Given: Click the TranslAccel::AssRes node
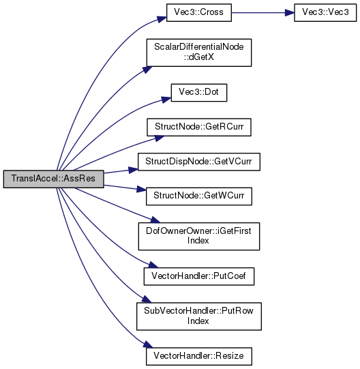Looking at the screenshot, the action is coord(53,179).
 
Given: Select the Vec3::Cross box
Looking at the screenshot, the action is coord(199,13).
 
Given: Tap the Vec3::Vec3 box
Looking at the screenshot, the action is coord(325,13).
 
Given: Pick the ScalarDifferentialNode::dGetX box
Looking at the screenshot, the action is coord(199,53).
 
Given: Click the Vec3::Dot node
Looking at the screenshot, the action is coord(199,93).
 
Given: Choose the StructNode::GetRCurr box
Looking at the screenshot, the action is coord(199,127).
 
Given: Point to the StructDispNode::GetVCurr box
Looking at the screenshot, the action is coord(199,162).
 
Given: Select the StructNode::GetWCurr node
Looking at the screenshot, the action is coord(199,196).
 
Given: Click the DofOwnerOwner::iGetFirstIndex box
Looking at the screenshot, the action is coord(199,236).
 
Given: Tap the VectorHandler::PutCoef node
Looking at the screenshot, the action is coord(199,276).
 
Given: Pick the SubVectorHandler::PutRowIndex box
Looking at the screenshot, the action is coord(199,316).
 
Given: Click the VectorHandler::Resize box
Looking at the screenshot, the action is coord(199,356).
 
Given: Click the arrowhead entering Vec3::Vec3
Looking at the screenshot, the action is coord(289,13).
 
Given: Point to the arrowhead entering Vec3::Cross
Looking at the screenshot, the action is coord(162,19).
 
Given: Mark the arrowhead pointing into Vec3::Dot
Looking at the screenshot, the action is coord(166,100).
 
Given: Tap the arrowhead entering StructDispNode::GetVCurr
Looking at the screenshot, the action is coord(133,170).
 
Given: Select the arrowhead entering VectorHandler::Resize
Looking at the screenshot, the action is coord(148,344).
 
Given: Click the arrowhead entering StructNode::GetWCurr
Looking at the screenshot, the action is coord(141,189).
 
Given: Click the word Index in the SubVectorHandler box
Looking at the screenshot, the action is coord(198,321).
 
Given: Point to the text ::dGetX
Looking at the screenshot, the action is coord(199,57).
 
